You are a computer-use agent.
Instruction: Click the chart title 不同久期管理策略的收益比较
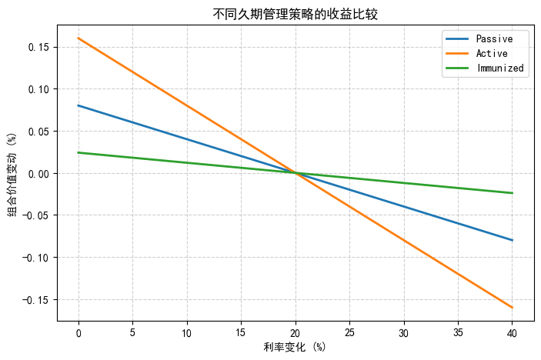[296, 14]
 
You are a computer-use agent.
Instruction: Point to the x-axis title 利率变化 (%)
[296, 347]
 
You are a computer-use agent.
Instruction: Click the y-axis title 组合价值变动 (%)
[13, 173]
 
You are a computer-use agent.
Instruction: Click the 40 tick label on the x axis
[512, 332]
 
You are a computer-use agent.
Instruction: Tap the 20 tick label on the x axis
[296, 332]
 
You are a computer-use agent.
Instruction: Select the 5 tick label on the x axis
[132, 332]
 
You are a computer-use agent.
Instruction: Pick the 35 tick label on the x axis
[458, 332]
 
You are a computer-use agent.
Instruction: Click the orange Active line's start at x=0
[78, 38]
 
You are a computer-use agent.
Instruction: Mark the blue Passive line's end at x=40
[513, 240]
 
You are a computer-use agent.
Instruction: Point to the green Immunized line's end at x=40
[513, 193]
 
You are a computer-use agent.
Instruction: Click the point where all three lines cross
[296, 173]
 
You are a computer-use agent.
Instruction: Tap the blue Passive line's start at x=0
[78, 105]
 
